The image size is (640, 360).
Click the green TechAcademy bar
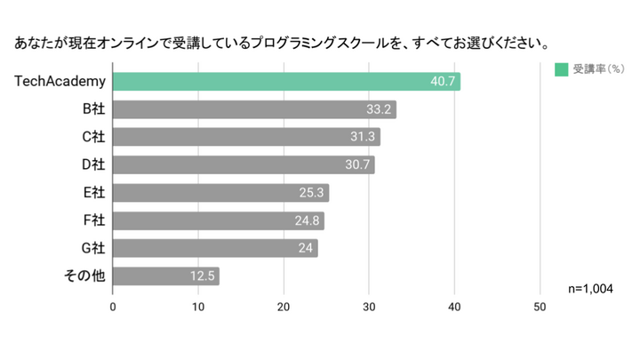coord(286,82)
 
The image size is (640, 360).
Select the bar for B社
coord(254,110)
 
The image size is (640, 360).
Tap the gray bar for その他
coord(166,276)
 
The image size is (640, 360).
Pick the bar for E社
coord(220,193)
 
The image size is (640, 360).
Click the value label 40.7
coord(443,82)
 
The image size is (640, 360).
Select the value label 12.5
coord(203,276)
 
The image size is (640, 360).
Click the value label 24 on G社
coord(305,248)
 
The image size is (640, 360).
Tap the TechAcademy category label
coord(60,82)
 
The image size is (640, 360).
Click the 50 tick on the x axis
coord(540,307)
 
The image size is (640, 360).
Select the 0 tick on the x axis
coord(113,307)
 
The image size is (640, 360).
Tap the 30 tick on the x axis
coord(369,307)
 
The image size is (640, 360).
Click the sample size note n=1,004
coord(590,289)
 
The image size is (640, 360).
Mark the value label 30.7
coord(357,165)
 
